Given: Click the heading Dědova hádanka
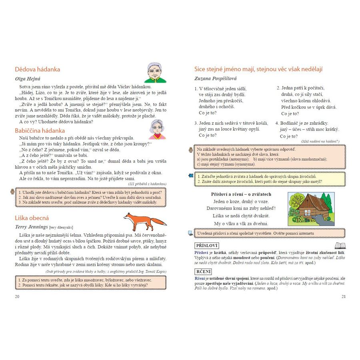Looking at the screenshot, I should click(x=37, y=69).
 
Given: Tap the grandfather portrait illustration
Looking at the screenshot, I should click(x=155, y=72).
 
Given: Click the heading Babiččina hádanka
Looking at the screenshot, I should click(x=40, y=130).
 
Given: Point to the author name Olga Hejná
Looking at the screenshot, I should click(x=28, y=78).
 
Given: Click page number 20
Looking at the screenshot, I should click(x=16, y=296).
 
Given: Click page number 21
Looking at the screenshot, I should click(x=343, y=296).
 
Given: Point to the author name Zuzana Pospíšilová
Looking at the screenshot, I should click(x=216, y=78).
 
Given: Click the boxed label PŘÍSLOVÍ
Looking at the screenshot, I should click(x=206, y=246).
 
